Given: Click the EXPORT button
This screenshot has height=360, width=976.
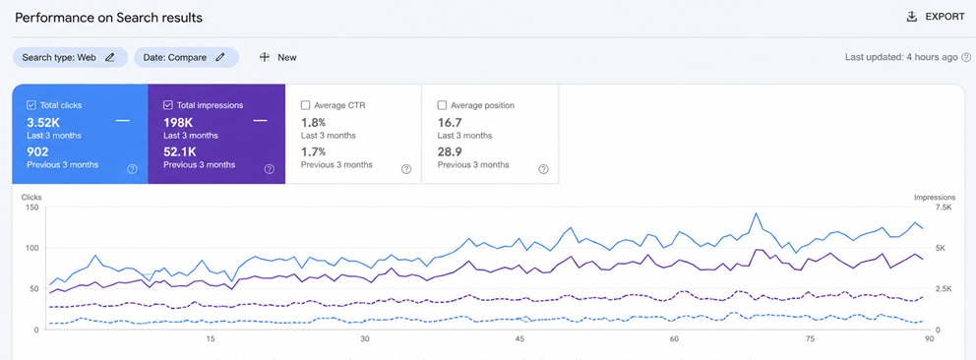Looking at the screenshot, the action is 936,17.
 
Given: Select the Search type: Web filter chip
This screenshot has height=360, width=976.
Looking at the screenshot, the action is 70,57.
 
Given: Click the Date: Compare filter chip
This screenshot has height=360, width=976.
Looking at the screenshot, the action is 186,57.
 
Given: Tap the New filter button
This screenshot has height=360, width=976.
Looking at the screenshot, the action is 277,57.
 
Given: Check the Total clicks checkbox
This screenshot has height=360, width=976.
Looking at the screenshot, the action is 31,105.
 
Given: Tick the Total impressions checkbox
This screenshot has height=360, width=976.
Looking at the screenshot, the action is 168,105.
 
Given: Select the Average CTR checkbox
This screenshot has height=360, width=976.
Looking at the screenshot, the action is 305,105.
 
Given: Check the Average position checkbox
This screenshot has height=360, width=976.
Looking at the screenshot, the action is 442,105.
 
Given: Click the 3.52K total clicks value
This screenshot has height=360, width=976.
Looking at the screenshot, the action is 43,122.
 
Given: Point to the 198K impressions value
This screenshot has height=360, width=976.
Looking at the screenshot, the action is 178,122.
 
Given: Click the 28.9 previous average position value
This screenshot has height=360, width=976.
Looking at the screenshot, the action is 450,151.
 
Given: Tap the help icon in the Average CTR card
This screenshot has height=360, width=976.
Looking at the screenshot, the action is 406,169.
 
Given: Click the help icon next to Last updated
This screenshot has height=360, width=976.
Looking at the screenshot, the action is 966,57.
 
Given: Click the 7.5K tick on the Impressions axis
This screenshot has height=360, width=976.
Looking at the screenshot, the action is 945,207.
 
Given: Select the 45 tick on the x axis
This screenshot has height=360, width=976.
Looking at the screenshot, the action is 520,339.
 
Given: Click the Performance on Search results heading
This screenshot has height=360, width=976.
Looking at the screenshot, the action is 109,18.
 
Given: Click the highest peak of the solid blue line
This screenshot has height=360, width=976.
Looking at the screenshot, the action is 756,213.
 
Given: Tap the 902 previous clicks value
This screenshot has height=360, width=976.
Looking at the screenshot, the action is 38,151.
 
